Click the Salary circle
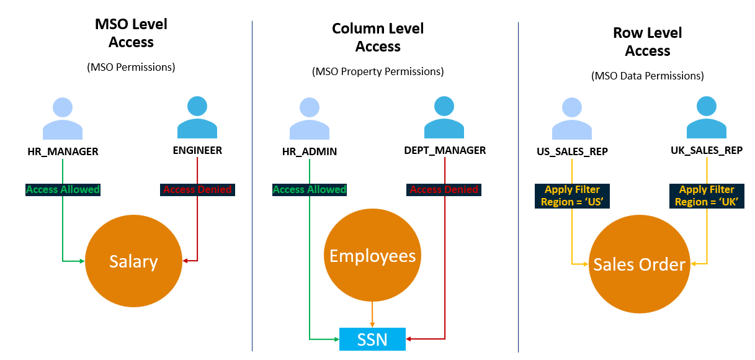pyautogui.click(x=133, y=262)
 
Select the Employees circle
pyautogui.click(x=372, y=256)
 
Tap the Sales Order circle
pyautogui.click(x=639, y=265)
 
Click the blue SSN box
pyautogui.click(x=372, y=339)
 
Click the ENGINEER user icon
pyautogui.click(x=197, y=117)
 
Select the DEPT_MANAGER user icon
pyautogui.click(x=444, y=117)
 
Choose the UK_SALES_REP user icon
pyautogui.click(x=707, y=117)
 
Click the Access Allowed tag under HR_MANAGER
pyautogui.click(x=63, y=189)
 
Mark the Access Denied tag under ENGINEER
pyautogui.click(x=197, y=189)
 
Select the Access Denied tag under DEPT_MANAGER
pyautogui.click(x=444, y=189)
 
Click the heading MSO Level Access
pyautogui.click(x=131, y=34)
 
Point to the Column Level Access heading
pyautogui.click(x=378, y=37)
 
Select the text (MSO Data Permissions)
pyautogui.click(x=648, y=76)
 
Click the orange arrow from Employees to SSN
pyautogui.click(x=372, y=314)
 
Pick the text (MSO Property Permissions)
pyautogui.click(x=378, y=71)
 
